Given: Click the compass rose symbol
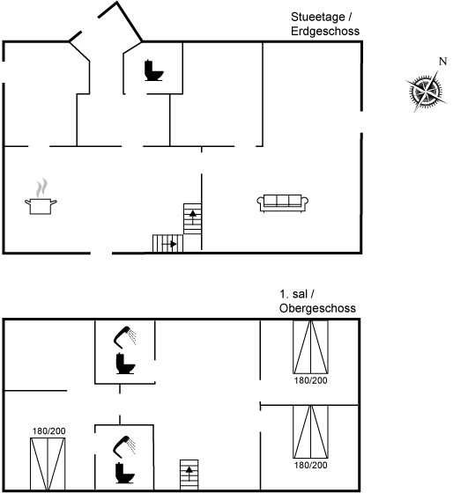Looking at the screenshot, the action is pos(426,92).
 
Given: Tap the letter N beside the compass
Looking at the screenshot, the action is pos(443,62).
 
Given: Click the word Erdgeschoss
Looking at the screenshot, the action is pos(325,31).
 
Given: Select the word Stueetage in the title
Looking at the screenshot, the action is pos(318,17).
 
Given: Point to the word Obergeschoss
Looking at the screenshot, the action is pos(317,308).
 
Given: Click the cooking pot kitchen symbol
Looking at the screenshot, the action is pos(41,197).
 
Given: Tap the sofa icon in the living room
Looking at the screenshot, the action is pos(282,203).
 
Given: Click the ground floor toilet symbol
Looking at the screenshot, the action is pos(154,70).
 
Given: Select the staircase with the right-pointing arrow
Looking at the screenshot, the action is pos(167,243).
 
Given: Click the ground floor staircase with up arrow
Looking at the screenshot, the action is pos(192,219).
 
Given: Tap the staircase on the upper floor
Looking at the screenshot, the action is pos(189,475).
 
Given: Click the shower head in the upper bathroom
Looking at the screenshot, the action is pos(124,337).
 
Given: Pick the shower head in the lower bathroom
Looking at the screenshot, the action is pos(124,446).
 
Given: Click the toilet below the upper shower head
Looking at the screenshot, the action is pos(125,364).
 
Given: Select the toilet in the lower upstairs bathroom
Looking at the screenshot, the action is pos(125,473).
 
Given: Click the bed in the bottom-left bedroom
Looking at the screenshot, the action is pos(48,464).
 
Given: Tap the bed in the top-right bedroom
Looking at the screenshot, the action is pos(311,347).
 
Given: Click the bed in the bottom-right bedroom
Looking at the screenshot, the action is pos(311,431).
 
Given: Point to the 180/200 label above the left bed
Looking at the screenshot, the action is pos(48,431).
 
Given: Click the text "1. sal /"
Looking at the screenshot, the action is pos(297,294).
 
